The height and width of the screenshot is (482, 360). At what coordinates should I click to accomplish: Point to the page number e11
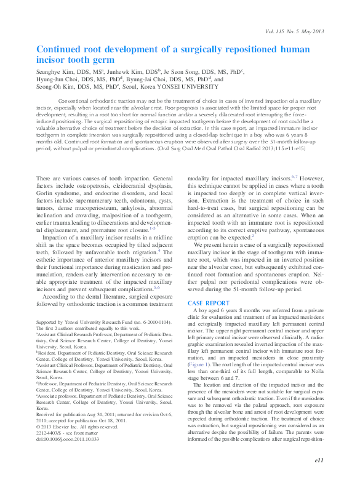pos(319,460)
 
